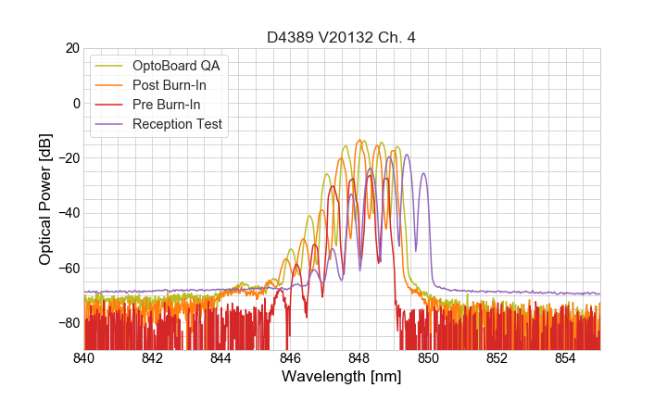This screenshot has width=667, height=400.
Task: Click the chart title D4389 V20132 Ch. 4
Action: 341,37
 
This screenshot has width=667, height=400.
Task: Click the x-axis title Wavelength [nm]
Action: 341,377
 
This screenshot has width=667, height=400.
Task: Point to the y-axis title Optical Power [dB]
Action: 45,199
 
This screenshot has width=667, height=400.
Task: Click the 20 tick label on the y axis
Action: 70,48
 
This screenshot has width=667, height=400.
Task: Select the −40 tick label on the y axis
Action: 67,213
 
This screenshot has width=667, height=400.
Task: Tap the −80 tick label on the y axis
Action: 67,323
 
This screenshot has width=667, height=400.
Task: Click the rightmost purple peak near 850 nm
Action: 423,173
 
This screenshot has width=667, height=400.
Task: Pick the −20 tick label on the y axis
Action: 67,158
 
